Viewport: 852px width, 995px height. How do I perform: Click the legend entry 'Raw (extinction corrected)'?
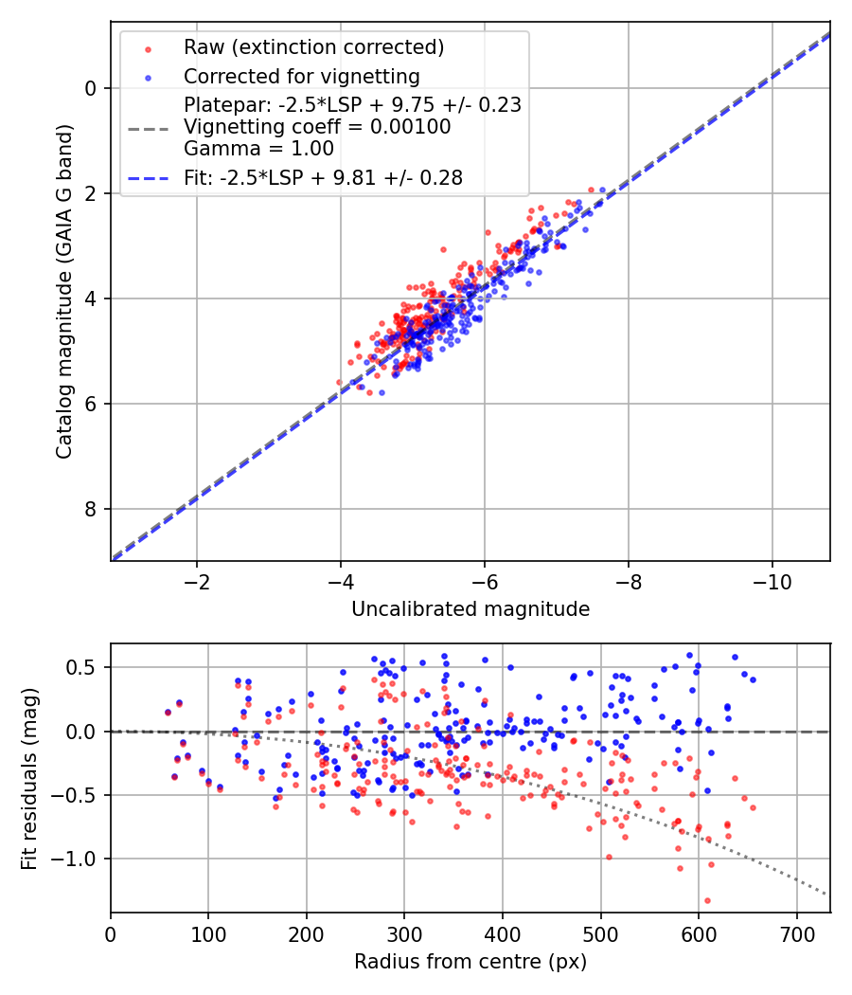pos(314,47)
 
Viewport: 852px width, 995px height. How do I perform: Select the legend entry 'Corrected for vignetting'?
pos(302,76)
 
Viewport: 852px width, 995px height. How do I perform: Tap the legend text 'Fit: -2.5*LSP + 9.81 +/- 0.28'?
pos(323,178)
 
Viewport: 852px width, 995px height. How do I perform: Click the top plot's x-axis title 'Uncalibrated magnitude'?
pos(470,609)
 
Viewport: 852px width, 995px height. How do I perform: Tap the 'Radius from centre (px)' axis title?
pos(470,962)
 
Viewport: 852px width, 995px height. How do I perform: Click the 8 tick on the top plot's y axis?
pos(92,510)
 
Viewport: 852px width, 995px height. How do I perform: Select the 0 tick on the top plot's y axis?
pos(92,88)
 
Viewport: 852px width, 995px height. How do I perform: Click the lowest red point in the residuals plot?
pos(707,900)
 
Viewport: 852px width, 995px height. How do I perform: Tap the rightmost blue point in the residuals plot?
pos(753,679)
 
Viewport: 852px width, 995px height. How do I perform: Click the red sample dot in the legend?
pos(148,47)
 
